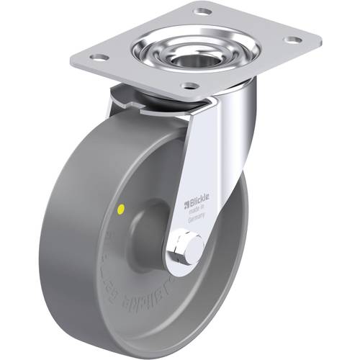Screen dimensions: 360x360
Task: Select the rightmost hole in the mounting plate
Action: pyautogui.click(x=292, y=40)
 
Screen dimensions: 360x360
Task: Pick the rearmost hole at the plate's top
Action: pyautogui.click(x=202, y=12)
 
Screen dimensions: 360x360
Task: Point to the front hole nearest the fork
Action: pyautogui.click(x=189, y=86)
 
